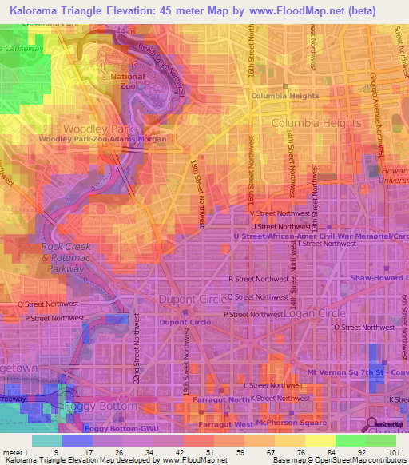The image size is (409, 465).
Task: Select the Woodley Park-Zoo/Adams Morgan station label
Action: [104, 139]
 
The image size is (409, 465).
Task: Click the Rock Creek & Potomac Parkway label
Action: [63, 258]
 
